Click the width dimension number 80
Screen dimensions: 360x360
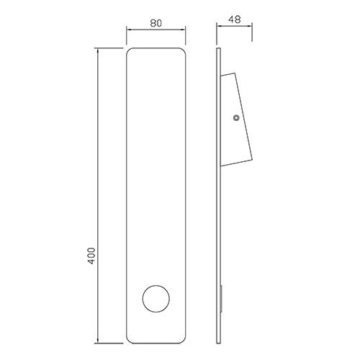point(156,22)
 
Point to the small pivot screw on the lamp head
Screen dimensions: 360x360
point(236,118)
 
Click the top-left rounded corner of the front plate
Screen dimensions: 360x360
point(130,52)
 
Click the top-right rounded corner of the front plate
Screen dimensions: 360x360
point(184,52)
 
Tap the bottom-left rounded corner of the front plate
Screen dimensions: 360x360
point(130,338)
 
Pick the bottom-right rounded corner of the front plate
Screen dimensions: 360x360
point(184,338)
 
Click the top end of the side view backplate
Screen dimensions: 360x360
point(219,49)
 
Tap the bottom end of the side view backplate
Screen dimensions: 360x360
point(219,341)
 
